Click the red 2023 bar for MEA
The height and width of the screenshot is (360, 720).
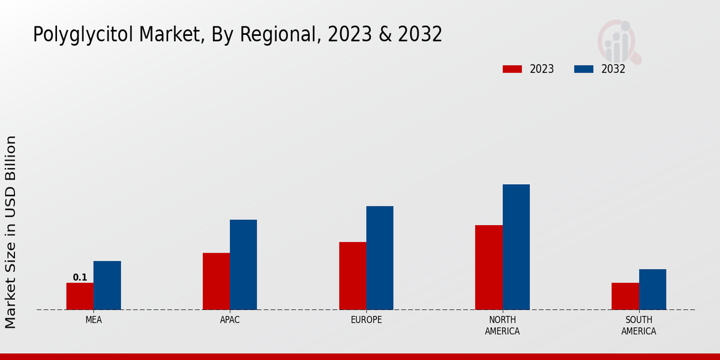tap(80, 296)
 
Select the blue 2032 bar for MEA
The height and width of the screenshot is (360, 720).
tap(107, 286)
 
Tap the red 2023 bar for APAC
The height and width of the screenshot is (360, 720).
tap(216, 281)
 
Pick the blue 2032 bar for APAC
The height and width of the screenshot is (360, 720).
tap(243, 265)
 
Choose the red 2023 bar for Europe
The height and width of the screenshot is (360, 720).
tap(352, 276)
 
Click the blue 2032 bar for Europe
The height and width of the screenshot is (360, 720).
tap(380, 258)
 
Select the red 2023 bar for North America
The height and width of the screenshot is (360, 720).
tap(488, 268)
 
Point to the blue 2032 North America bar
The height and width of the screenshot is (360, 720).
tap(516, 247)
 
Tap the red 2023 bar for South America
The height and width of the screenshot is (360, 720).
tap(625, 296)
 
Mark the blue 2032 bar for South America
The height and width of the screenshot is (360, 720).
tap(652, 289)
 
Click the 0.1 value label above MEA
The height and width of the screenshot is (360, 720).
tap(80, 277)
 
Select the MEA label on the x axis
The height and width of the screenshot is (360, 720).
tap(94, 320)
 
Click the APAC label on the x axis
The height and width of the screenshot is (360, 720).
tap(230, 320)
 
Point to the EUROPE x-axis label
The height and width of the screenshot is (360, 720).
tap(366, 320)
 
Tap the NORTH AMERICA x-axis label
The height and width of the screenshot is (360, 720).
tap(502, 326)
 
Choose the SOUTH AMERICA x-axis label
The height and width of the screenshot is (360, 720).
tap(638, 326)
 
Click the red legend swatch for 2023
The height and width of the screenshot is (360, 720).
tap(512, 69)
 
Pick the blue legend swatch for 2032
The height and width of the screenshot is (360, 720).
tap(583, 69)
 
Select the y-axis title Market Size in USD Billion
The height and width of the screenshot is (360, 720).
tap(11, 232)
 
